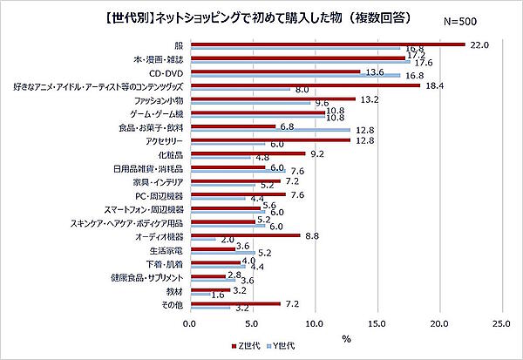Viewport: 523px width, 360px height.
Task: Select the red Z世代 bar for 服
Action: point(327,44)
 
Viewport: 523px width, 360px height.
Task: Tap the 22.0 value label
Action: point(479,44)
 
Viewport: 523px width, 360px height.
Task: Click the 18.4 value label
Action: point(433,85)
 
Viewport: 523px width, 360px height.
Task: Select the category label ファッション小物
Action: point(155,102)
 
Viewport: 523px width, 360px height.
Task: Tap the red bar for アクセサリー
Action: point(269,139)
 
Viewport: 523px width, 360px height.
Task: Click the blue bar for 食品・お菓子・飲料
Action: point(269,130)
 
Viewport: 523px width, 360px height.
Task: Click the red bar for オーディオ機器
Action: point(244,235)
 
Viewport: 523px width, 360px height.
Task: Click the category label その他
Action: point(172,306)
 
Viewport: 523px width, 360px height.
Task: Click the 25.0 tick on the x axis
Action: point(503,321)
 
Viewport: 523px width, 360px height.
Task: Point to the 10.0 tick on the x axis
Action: point(315,321)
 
